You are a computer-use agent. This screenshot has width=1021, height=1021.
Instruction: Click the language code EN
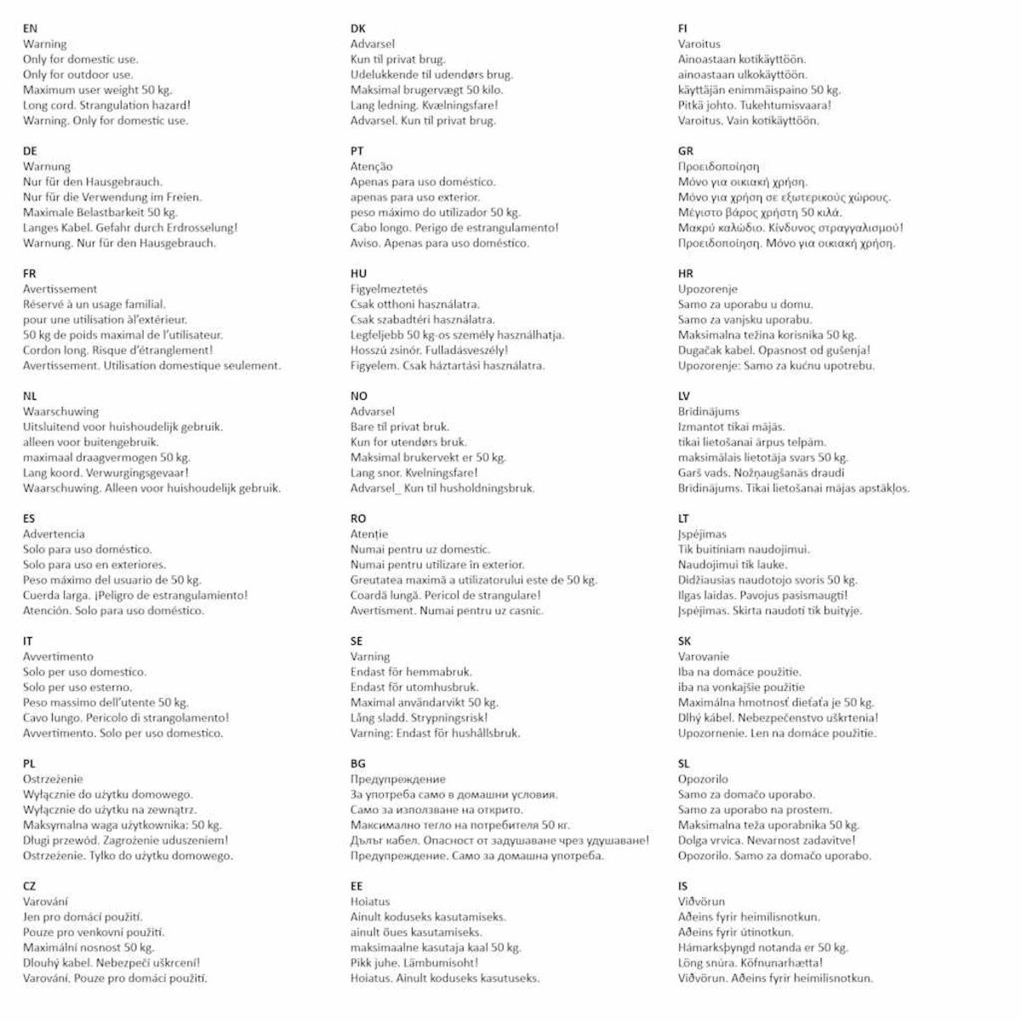[30, 28]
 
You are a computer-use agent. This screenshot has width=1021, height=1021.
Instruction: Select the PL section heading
[29, 763]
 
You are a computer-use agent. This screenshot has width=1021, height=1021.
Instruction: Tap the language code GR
[685, 151]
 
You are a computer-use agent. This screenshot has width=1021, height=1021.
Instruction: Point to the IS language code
[682, 886]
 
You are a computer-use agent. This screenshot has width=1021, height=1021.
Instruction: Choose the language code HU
[358, 273]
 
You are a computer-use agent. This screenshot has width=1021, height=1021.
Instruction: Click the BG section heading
[357, 763]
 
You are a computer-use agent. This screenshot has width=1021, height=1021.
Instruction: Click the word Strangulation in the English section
[114, 106]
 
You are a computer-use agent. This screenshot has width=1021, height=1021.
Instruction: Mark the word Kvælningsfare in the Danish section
[460, 106]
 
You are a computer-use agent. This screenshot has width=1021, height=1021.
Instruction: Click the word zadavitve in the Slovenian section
[823, 841]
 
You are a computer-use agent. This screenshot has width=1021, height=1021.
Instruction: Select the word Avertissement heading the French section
[60, 289]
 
